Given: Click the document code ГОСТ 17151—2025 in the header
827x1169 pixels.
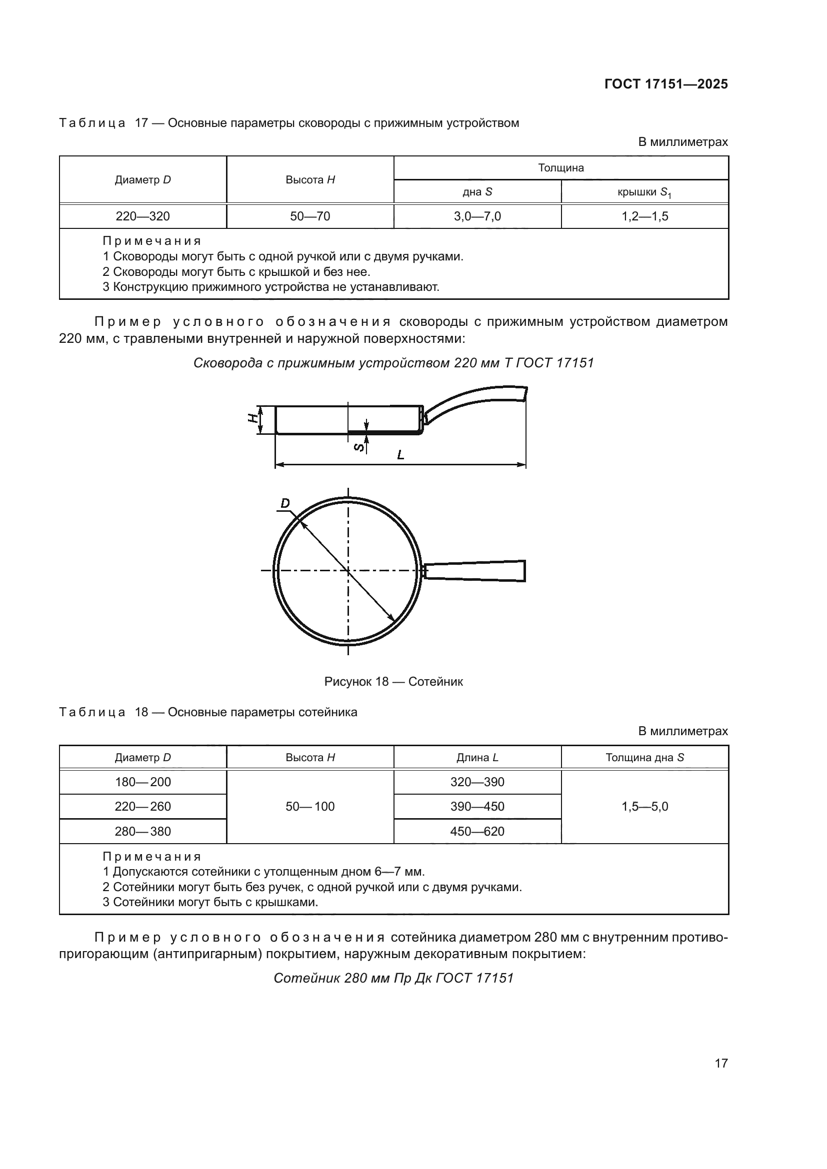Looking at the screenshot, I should tap(665, 84).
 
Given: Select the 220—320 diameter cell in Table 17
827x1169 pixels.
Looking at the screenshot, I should tap(142, 216).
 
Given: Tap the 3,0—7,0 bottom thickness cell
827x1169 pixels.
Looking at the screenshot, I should tap(477, 216).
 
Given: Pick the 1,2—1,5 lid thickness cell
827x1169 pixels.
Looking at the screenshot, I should tap(644, 216).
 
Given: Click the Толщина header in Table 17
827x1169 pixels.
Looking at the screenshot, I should tap(560, 168).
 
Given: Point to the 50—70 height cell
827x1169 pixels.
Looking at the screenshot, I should tap(309, 216).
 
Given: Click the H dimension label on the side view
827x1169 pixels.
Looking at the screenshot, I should tap(251, 418).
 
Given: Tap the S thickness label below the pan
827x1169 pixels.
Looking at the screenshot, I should tap(358, 447).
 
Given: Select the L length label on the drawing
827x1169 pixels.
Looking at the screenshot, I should tap(401, 455).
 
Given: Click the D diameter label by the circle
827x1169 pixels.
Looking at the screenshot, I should tap(285, 504).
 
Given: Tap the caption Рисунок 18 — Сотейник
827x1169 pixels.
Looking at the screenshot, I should tap(393, 682).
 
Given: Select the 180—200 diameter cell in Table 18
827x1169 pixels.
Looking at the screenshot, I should tap(142, 782).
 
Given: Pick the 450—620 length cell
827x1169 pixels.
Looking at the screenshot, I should tap(477, 832).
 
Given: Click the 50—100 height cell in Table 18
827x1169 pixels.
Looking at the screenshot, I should tap(309, 807).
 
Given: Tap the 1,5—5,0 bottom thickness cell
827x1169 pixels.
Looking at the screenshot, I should tap(644, 807).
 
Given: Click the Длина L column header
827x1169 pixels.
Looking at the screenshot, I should tap(477, 758).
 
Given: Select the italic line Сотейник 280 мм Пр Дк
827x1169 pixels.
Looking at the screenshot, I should tap(393, 978).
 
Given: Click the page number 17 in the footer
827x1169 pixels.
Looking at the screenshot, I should tap(721, 1063).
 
